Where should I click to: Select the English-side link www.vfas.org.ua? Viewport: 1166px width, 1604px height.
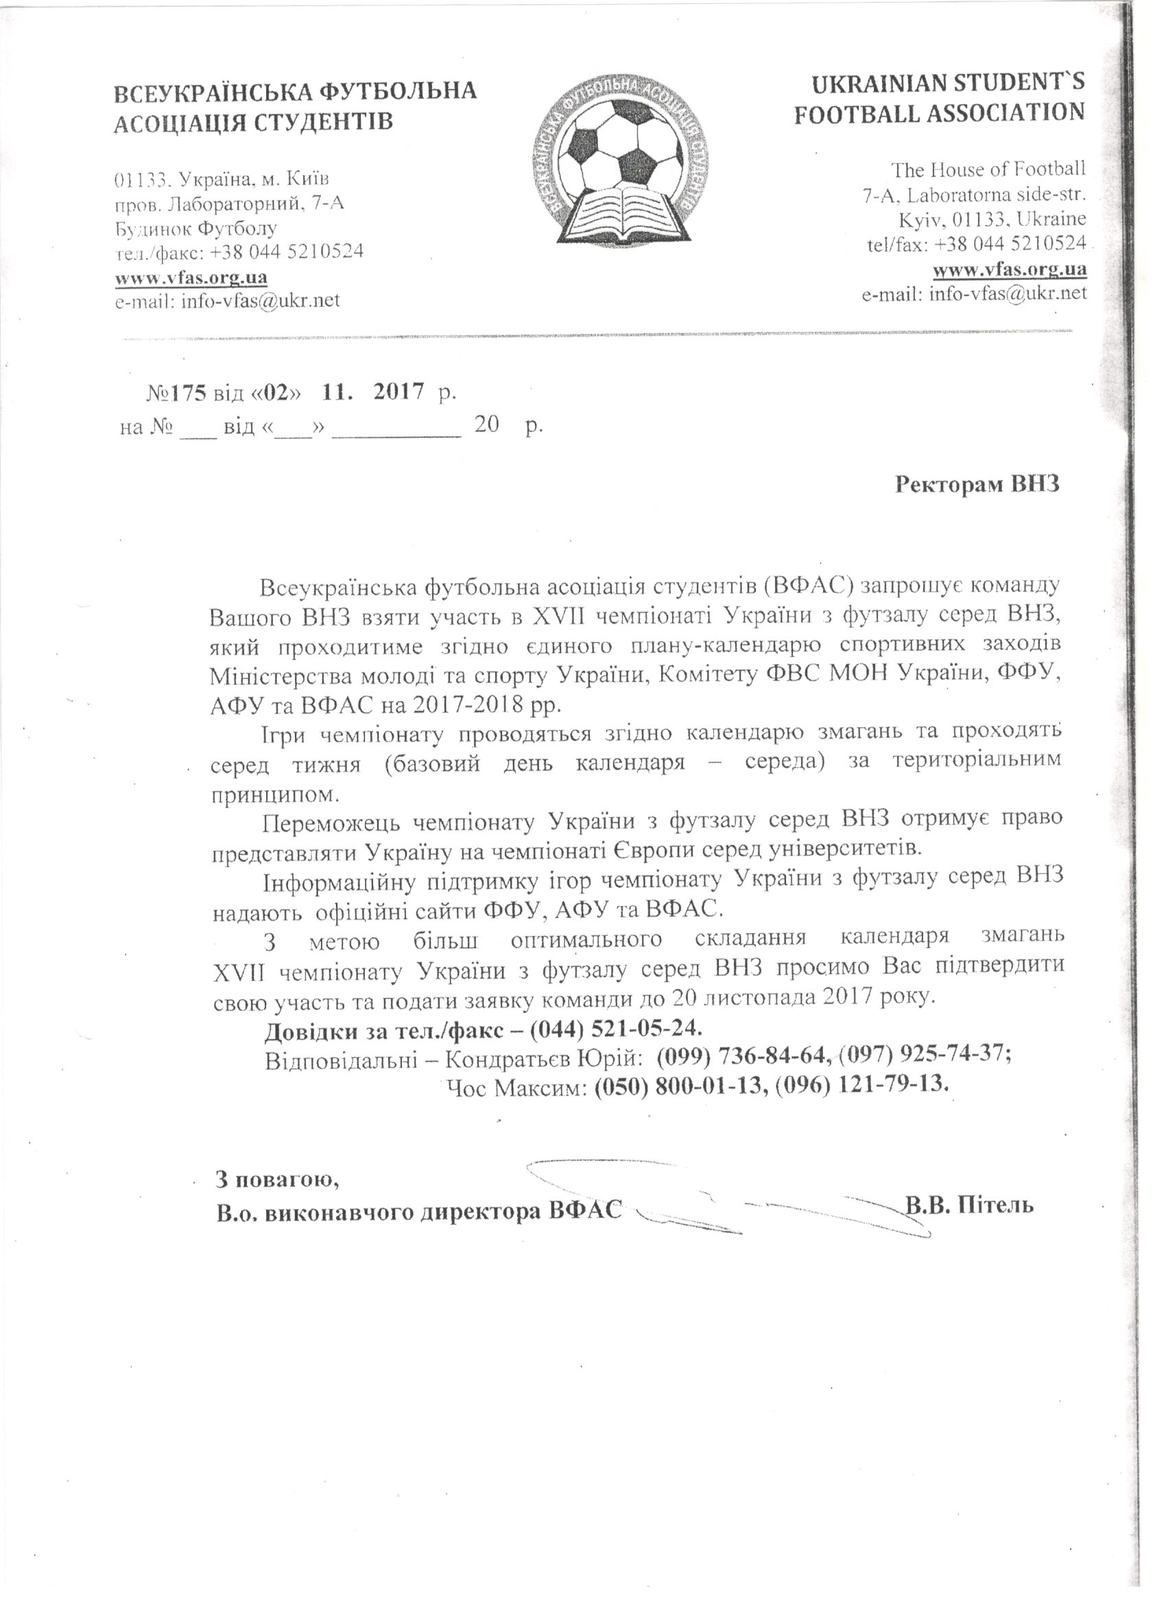[1009, 269]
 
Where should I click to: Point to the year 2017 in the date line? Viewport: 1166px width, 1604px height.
[398, 392]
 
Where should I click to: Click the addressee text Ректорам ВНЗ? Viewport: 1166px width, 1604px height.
[978, 484]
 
